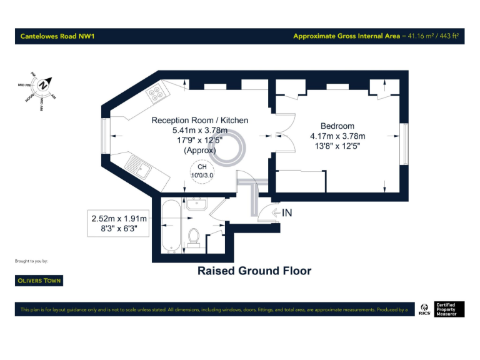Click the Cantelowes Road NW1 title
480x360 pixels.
[57, 36]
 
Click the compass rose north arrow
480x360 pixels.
[42, 86]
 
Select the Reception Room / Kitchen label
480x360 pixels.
[199, 120]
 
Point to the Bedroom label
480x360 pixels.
[337, 126]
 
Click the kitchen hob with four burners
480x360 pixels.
[155, 93]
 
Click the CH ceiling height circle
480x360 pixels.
[202, 171]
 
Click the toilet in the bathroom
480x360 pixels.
[194, 238]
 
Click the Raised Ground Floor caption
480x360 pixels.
[254, 271]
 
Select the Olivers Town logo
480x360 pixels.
[39, 281]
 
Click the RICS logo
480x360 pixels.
[424, 309]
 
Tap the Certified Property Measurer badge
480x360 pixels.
[446, 309]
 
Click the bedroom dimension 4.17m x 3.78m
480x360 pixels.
[337, 136]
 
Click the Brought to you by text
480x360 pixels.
[31, 261]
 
